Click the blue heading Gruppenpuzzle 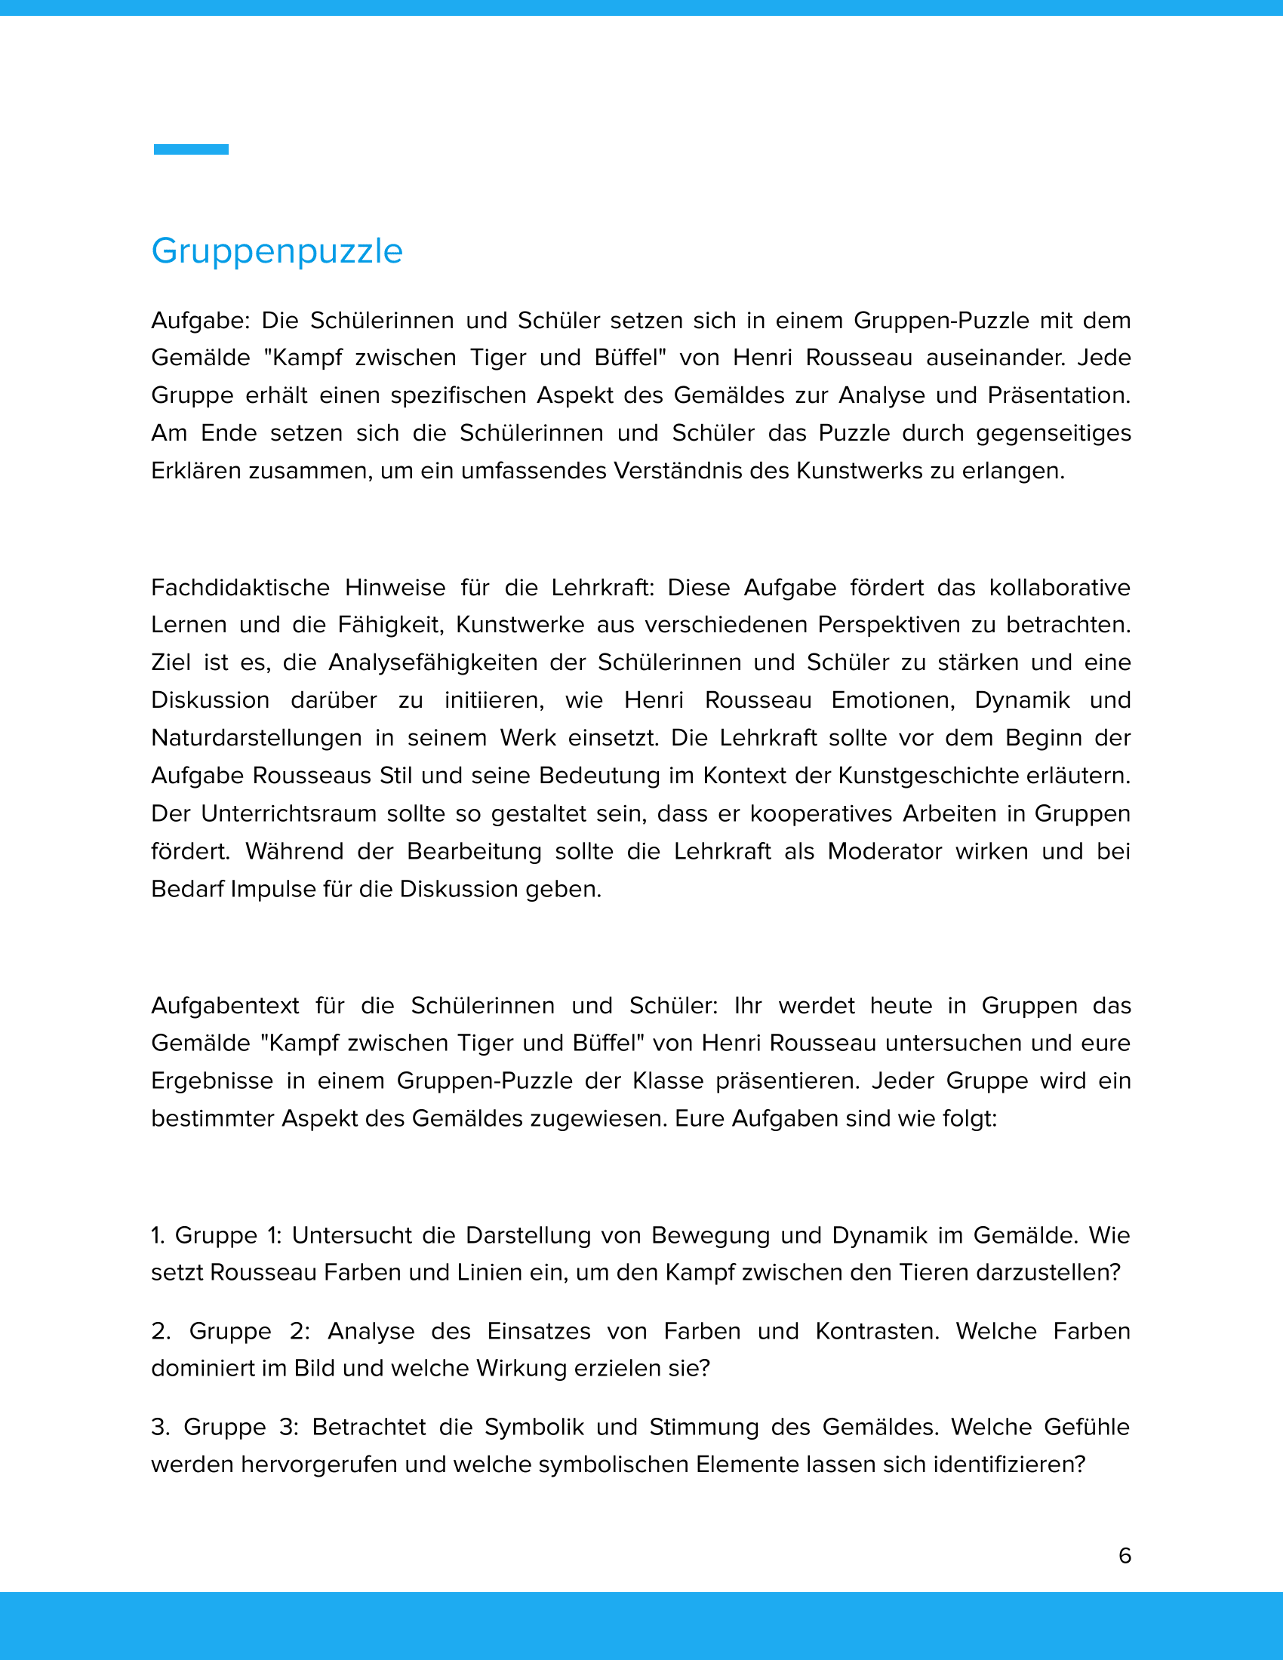pyautogui.click(x=277, y=251)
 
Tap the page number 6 pyautogui.click(x=1125, y=1555)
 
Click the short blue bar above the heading pyautogui.click(x=191, y=149)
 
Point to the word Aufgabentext pyautogui.click(x=225, y=1006)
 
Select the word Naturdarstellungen pyautogui.click(x=256, y=738)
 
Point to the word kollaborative pyautogui.click(x=1060, y=588)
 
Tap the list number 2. pyautogui.click(x=159, y=1331)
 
